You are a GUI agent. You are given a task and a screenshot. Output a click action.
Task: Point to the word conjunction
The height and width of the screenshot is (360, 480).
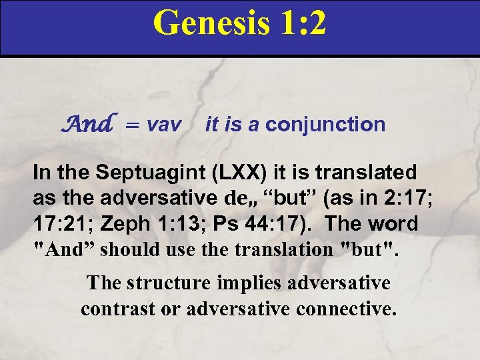coord(325,124)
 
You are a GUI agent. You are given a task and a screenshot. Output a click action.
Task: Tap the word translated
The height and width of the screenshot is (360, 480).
coord(364,172)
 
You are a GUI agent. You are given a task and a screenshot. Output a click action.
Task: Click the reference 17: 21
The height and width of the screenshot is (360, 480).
coord(65,223)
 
